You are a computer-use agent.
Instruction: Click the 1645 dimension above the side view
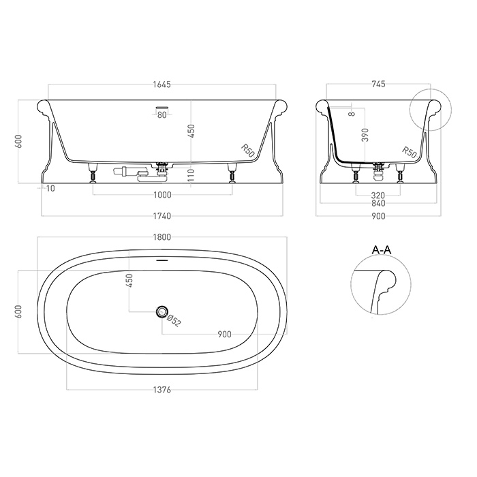pos(162,84)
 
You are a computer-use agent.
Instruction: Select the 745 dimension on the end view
pos(378,84)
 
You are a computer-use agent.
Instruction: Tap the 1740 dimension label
pos(162,216)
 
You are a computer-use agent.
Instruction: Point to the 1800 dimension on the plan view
pos(162,237)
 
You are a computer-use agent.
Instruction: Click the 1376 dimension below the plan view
pos(162,390)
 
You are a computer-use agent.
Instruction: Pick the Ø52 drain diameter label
pos(174,321)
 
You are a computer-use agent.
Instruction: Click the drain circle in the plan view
pos(162,311)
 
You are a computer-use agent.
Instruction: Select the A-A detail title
pos(382,250)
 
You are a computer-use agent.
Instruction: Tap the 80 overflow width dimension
pos(162,115)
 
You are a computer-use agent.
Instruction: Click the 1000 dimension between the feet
pos(162,195)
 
